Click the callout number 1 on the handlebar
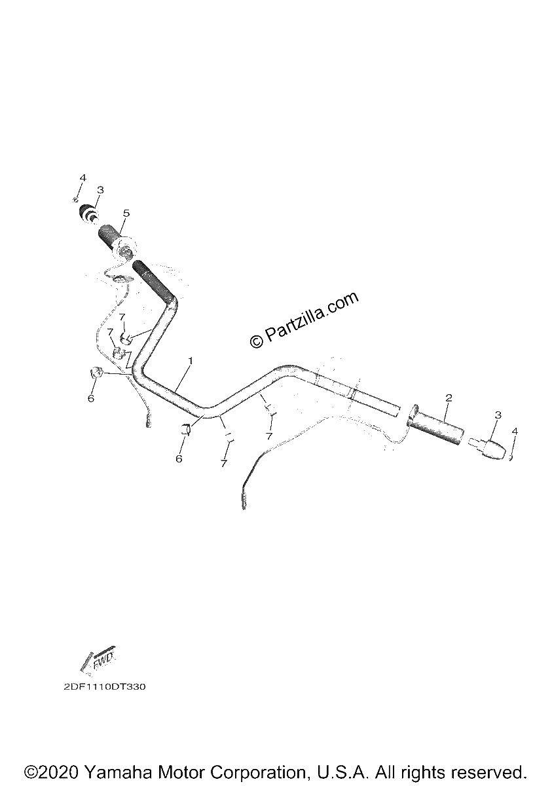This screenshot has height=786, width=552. [191, 360]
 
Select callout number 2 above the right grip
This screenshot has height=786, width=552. [449, 398]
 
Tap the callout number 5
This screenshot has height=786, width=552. [126, 213]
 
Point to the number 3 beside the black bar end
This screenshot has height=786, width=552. [100, 190]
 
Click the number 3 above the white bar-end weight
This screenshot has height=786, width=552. [498, 415]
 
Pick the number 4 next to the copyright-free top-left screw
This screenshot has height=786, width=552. [83, 178]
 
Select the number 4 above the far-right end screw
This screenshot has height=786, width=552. [515, 431]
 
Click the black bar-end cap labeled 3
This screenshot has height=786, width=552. [88, 213]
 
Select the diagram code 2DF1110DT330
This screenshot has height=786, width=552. [105, 686]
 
